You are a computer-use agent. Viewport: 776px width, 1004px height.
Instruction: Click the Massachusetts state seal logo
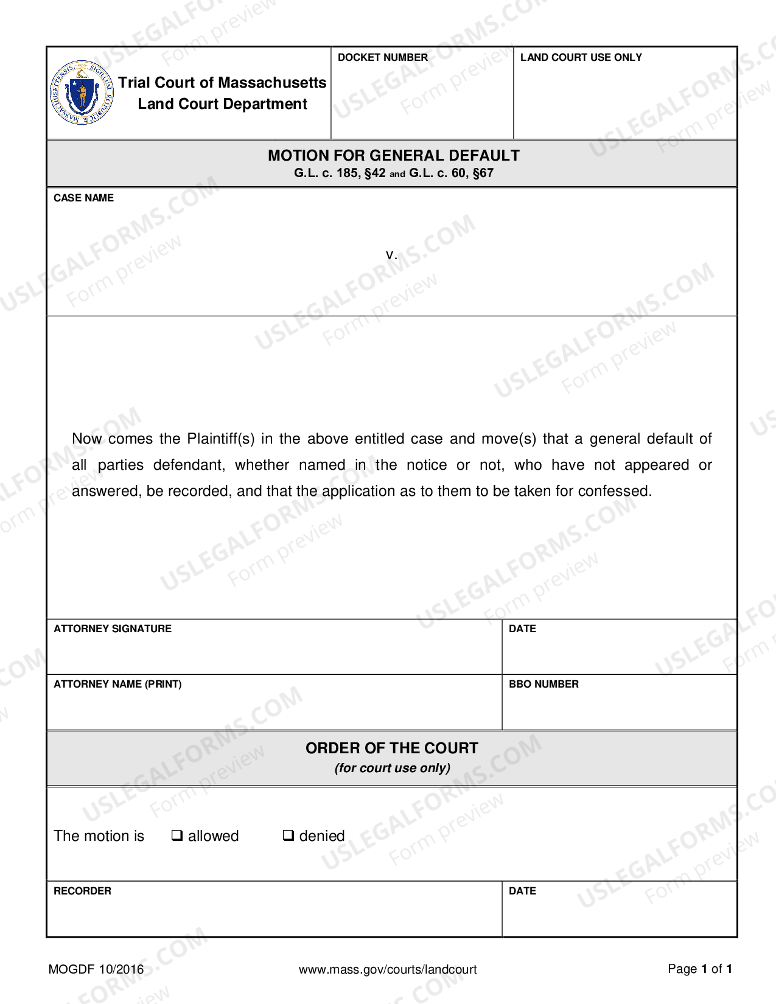[x=82, y=93]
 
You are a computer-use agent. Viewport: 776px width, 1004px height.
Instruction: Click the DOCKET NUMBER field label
[x=382, y=57]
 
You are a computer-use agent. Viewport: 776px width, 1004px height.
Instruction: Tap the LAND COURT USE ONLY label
[x=581, y=57]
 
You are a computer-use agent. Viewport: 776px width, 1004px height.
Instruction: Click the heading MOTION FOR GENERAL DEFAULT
[x=393, y=155]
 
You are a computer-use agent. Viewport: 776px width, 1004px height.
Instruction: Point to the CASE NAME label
[x=83, y=198]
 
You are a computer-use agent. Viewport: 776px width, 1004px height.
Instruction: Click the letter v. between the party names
[x=391, y=254]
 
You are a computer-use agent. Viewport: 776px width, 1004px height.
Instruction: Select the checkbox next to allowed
[x=177, y=835]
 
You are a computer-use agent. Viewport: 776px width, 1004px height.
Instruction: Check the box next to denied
[x=288, y=835]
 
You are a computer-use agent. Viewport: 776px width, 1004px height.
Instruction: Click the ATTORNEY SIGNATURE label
[x=113, y=629]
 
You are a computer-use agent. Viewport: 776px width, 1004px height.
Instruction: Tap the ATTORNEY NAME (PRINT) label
[x=117, y=684]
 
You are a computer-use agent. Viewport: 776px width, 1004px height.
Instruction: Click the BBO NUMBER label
[x=544, y=684]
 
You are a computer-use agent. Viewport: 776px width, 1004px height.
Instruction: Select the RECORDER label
[x=82, y=891]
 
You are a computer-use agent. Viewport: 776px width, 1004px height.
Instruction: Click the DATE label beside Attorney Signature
[x=522, y=629]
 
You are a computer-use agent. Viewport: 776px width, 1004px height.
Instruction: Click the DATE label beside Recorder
[x=522, y=891]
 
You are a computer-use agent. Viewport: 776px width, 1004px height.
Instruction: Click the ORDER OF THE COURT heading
[x=391, y=748]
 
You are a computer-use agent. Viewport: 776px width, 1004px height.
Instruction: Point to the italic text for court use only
[x=392, y=768]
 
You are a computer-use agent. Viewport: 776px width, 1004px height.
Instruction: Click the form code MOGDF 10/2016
[x=96, y=969]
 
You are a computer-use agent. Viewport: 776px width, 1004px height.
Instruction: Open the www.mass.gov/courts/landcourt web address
[x=388, y=969]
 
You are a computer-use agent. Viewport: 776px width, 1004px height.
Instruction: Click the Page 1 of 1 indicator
[x=699, y=969]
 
